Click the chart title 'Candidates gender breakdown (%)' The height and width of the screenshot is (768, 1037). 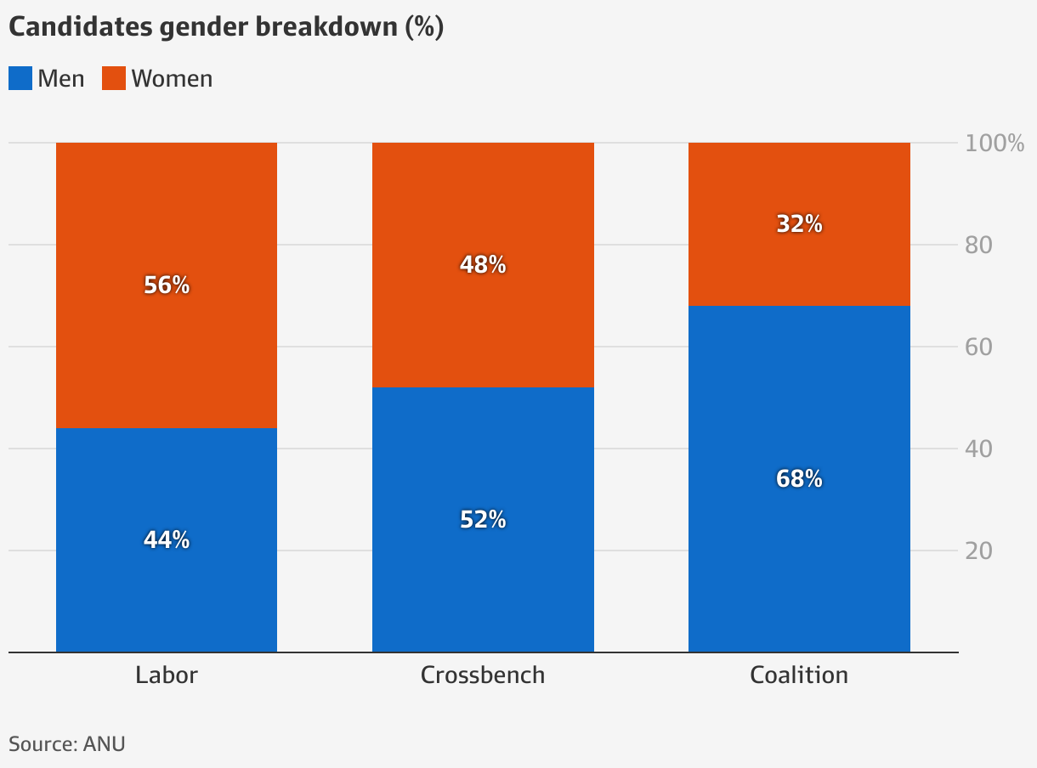pyautogui.click(x=226, y=27)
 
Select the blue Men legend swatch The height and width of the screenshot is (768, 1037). pyautogui.click(x=20, y=79)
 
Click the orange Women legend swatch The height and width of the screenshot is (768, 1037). pyautogui.click(x=114, y=79)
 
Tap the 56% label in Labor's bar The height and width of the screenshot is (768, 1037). pyautogui.click(x=167, y=285)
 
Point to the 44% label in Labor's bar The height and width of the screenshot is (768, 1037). pyautogui.click(x=167, y=539)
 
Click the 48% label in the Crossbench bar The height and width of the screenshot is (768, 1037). pyautogui.click(x=483, y=265)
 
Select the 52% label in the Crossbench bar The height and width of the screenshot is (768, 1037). pyautogui.click(x=483, y=519)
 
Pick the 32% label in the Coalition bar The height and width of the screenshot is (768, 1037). pyautogui.click(x=799, y=224)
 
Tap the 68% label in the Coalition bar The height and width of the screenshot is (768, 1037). pyautogui.click(x=799, y=478)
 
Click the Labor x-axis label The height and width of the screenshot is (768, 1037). pyautogui.click(x=167, y=675)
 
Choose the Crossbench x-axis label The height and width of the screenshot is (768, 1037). pyautogui.click(x=483, y=675)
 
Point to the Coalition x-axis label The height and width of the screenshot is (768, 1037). pyautogui.click(x=799, y=675)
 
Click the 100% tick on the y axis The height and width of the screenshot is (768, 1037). pyautogui.click(x=994, y=143)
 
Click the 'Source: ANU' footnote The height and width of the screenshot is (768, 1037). pyautogui.click(x=67, y=744)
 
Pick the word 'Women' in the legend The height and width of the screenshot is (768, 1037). pyautogui.click(x=172, y=79)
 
